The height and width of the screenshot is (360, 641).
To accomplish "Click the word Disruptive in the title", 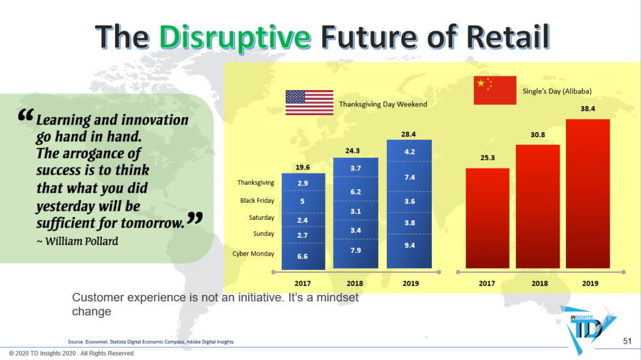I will point(235,37).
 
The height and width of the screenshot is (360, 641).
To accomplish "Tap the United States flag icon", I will point(309,103).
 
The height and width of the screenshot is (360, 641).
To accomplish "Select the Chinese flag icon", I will point(495,90).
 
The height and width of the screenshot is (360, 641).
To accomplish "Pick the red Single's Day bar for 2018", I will point(538,207).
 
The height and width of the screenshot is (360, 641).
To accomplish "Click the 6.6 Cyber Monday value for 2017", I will point(302,257).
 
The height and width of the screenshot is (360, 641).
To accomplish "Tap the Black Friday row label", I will point(257,201).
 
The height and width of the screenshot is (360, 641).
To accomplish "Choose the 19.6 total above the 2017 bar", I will point(303,167).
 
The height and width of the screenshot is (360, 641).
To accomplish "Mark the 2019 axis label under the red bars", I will point(589,283).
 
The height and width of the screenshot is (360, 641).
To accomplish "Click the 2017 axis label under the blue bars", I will point(303,283).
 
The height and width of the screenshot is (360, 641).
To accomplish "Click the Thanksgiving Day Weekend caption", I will point(383,104).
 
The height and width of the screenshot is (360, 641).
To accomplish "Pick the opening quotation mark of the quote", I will point(26,116).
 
